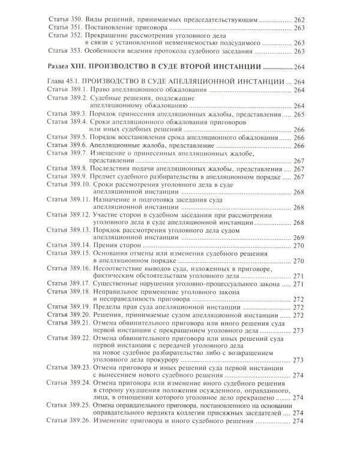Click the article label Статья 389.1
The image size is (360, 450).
66,89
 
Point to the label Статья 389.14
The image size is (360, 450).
68,245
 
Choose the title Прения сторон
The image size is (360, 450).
118,245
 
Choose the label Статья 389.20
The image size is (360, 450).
68,315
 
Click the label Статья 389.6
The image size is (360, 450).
66,145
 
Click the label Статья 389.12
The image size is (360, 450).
68,215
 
